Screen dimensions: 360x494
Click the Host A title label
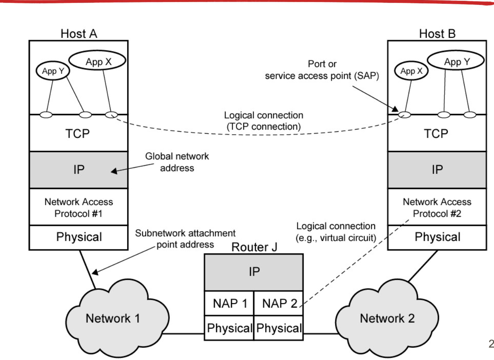[78, 33]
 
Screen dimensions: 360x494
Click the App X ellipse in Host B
[411, 71]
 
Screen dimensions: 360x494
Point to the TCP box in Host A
[78, 133]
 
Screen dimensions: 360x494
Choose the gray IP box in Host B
[437, 169]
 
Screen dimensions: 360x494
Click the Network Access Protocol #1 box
[78, 208]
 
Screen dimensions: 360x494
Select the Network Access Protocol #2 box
[437, 208]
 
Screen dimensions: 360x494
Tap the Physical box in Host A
[78, 237]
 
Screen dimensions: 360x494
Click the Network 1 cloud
[112, 318]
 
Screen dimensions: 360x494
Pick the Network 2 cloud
[387, 318]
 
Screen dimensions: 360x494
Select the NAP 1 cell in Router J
[229, 304]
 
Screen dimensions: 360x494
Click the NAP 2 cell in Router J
[279, 304]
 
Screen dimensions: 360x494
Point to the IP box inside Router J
[254, 272]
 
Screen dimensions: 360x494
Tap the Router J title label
[254, 247]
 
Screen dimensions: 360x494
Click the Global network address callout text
[177, 162]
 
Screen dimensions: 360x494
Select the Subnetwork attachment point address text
[185, 239]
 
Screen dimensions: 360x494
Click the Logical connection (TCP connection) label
[264, 121]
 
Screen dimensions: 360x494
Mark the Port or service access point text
[322, 70]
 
